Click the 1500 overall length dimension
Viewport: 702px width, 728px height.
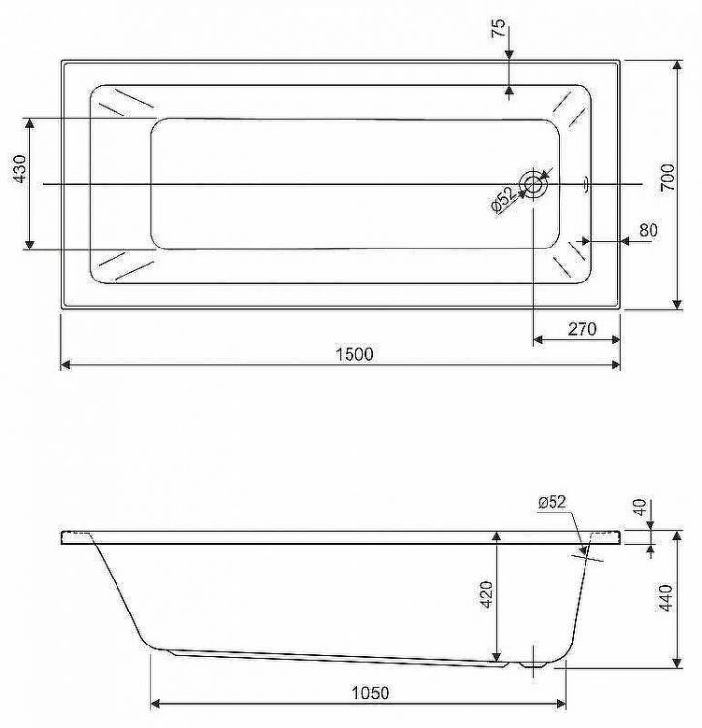[354, 355]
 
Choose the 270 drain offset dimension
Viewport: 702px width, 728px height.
[580, 329]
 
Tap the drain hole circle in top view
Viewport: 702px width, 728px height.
[534, 183]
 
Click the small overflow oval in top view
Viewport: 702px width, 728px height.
[586, 183]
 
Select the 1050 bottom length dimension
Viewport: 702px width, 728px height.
[370, 693]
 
